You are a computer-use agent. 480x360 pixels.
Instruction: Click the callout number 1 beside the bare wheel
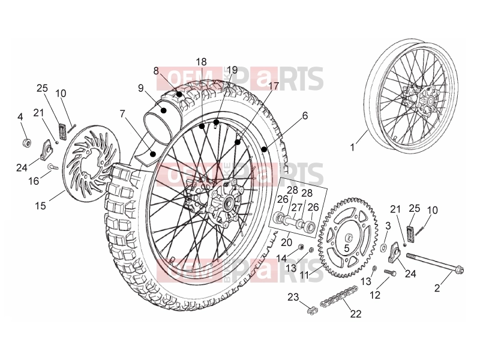(352, 148)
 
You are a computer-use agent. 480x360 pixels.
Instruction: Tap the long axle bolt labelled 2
(435, 263)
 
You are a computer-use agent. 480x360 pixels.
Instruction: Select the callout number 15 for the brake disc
(40, 205)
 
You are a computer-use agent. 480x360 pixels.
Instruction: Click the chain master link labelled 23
(313, 311)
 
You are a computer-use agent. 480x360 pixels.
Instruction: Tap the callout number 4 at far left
(20, 117)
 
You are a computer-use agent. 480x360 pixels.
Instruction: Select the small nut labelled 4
(27, 143)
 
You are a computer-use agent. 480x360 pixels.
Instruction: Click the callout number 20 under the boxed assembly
(287, 242)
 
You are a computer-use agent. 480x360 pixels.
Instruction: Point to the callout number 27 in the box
(296, 208)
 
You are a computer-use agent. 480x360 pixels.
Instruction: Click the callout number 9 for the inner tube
(140, 88)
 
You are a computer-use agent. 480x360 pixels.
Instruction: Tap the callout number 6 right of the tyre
(305, 116)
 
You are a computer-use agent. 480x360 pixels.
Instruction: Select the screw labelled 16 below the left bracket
(53, 167)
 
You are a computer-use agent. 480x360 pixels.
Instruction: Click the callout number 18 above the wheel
(201, 62)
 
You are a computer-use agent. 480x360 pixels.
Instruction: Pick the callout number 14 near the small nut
(281, 259)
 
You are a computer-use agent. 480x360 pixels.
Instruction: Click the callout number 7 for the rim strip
(122, 114)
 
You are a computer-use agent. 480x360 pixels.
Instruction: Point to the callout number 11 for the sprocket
(304, 275)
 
